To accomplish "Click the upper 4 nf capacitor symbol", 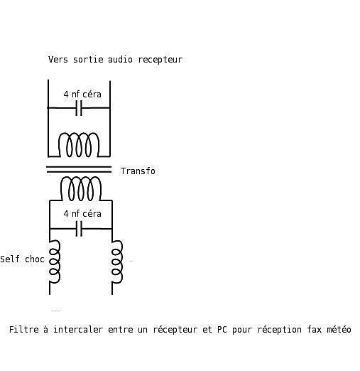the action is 79,108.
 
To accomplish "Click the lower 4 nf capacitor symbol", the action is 79,229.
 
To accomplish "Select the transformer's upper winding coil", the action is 79,145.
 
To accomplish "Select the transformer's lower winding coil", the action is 81,188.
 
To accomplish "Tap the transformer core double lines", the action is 79,169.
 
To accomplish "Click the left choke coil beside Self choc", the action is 55,262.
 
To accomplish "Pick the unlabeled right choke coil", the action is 117,262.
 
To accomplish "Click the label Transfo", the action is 138,171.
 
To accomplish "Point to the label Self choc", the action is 22,259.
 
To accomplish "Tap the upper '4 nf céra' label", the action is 82,95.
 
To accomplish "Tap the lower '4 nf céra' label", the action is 82,214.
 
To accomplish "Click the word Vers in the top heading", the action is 58,60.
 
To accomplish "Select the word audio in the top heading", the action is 120,60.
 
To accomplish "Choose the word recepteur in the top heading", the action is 160,60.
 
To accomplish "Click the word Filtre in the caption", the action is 24,330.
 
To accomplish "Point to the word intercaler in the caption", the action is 78,330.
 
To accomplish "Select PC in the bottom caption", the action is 222,330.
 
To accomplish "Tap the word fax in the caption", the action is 314,330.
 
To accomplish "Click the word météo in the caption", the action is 339,330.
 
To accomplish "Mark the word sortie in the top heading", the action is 88,60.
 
